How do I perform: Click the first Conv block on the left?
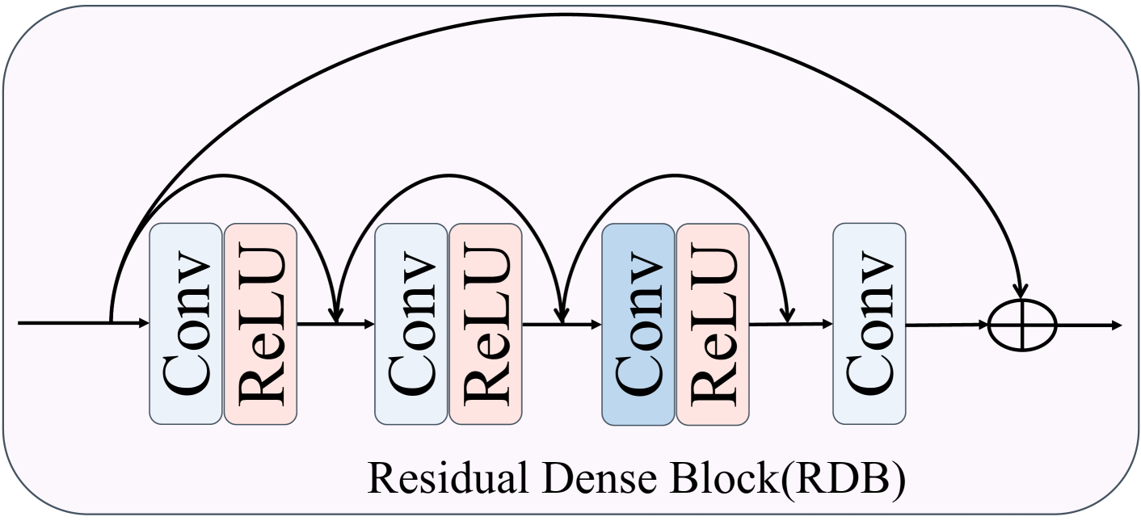click(186, 323)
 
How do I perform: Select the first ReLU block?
click(260, 323)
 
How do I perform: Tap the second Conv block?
click(411, 323)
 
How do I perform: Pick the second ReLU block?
click(486, 323)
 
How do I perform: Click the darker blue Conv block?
click(638, 323)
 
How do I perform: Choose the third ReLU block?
click(713, 323)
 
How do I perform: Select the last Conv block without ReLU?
click(869, 323)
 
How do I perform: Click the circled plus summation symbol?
click(1023, 326)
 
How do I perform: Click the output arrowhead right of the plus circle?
click(1116, 326)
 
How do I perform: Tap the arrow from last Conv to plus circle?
click(945, 326)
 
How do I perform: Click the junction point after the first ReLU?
click(335, 325)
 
